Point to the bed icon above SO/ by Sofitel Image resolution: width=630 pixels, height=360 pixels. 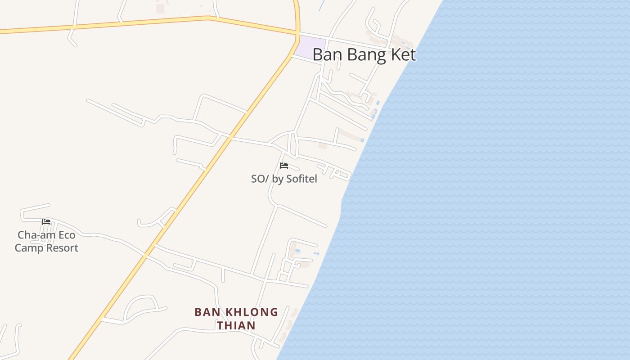(283, 166)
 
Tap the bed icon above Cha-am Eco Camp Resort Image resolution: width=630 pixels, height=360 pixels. (46, 221)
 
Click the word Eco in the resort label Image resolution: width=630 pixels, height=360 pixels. (65, 235)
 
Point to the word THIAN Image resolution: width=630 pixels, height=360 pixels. (236, 325)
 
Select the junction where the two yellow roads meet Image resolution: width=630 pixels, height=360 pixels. (297, 34)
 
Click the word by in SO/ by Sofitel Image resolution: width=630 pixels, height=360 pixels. (277, 179)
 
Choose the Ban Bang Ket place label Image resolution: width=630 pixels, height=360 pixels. (364, 55)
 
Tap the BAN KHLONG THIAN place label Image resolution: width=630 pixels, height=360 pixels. (236, 319)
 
